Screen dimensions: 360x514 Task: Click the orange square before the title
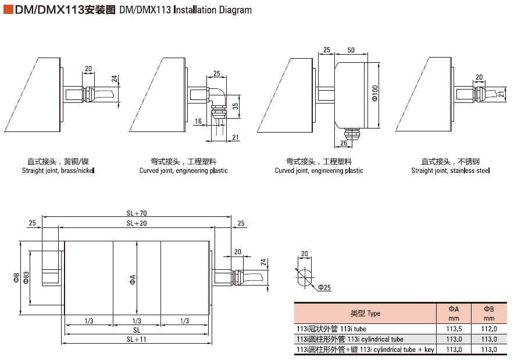click(8, 9)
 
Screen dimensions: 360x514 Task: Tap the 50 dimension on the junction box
click(351, 50)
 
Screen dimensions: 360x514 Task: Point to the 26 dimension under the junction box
click(343, 142)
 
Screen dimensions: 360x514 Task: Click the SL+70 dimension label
click(137, 213)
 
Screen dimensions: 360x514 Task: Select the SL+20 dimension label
click(137, 223)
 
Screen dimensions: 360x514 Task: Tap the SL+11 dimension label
click(137, 339)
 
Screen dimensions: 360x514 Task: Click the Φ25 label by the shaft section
click(324, 288)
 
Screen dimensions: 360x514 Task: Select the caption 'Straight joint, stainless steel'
click(451, 171)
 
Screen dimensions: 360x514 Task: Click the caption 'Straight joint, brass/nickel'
click(58, 171)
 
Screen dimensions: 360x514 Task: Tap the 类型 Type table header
click(365, 313)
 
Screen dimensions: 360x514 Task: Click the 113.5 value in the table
click(454, 329)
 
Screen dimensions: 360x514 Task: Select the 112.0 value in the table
click(489, 329)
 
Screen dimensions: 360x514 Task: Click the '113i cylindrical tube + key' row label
click(365, 350)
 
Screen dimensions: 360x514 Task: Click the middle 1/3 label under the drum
click(137, 321)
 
